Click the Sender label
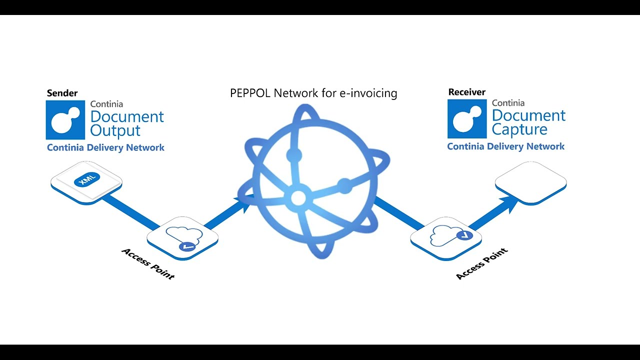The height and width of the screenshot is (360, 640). click(x=62, y=93)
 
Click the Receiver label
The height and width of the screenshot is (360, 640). click(x=466, y=92)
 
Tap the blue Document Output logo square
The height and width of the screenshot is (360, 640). click(x=65, y=120)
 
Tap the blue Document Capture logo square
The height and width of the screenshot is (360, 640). click(x=467, y=119)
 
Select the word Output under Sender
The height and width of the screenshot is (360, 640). click(x=115, y=131)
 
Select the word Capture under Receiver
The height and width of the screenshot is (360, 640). click(x=519, y=130)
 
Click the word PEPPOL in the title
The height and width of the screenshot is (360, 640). click(x=251, y=93)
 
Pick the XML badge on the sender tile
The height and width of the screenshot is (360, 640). click(x=86, y=179)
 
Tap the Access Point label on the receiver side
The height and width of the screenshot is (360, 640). click(x=482, y=263)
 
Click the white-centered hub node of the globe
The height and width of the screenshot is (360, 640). click(x=298, y=198)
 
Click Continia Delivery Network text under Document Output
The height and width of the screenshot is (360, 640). click(x=105, y=147)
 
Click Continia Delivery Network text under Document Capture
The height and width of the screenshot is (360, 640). click(x=505, y=146)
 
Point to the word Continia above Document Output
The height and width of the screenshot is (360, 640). click(x=106, y=104)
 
